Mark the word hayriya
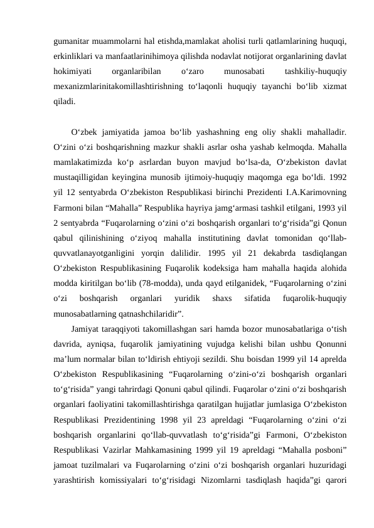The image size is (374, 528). (217, 201)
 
